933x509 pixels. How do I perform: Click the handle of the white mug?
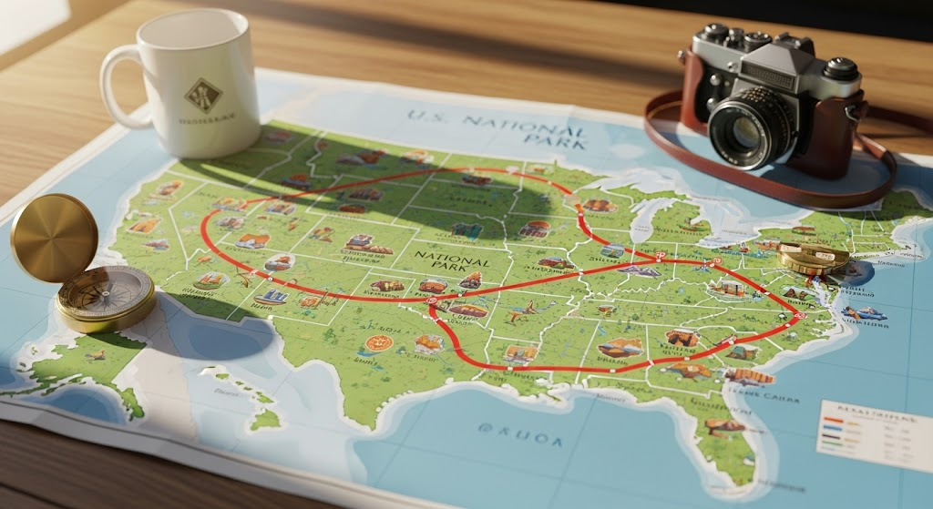coord(116,87)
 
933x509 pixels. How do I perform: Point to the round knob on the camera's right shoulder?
coord(840,68)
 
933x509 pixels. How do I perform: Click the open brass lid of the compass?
coord(54,238)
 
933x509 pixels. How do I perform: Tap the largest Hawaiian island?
coord(265,420)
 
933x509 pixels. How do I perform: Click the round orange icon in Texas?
coord(378,343)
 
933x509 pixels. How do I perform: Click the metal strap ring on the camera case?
coord(852,114)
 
